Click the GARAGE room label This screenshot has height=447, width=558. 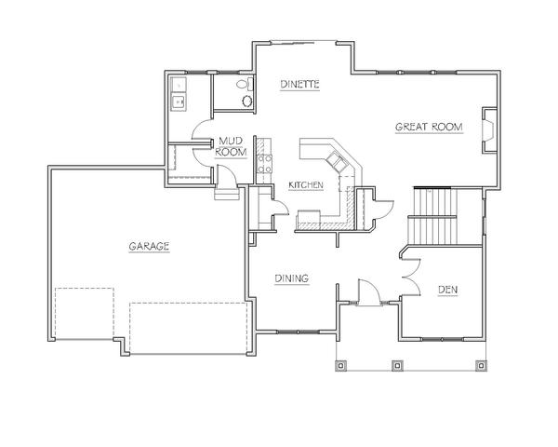(149, 246)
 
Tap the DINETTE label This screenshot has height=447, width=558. (299, 85)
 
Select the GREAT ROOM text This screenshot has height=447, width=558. (429, 127)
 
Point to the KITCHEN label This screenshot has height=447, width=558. (306, 185)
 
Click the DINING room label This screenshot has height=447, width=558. (291, 278)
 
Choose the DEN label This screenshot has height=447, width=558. (447, 290)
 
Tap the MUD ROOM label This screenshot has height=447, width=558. (231, 146)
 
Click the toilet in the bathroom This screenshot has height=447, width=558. (245, 84)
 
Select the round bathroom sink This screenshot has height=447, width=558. (247, 102)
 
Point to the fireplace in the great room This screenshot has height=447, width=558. (489, 130)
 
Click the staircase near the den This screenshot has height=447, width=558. (435, 216)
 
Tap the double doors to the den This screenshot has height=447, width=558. (411, 277)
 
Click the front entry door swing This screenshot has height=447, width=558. (370, 292)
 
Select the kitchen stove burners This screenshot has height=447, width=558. (265, 164)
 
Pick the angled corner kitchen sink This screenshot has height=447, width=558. (337, 160)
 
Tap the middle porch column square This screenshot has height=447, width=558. (397, 365)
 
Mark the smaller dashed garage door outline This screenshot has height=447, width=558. (85, 313)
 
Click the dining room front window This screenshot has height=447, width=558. (299, 332)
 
